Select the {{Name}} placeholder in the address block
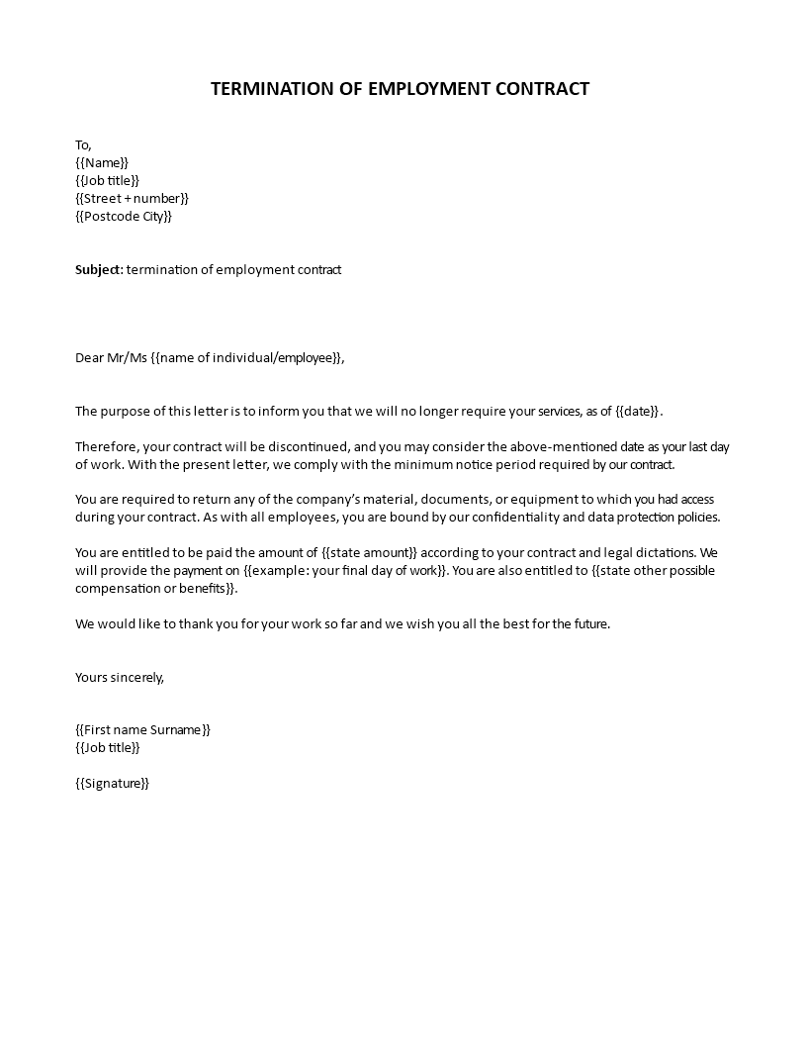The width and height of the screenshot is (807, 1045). click(x=102, y=162)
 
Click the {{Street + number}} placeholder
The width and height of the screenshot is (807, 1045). click(x=132, y=198)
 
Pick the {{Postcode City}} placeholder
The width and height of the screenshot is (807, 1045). click(x=124, y=216)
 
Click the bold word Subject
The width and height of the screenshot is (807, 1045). click(x=98, y=269)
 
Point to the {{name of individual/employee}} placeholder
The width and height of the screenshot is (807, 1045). click(x=247, y=358)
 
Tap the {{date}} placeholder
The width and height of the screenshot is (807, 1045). click(x=637, y=412)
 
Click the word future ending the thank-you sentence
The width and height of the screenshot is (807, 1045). click(x=587, y=624)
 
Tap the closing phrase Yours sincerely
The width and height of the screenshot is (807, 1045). click(x=119, y=678)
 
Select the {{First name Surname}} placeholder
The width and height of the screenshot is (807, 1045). click(x=143, y=730)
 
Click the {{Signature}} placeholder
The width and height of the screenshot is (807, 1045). click(x=112, y=784)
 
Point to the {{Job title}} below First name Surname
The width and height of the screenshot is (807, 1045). click(x=108, y=748)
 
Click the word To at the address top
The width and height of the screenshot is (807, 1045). click(x=83, y=145)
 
